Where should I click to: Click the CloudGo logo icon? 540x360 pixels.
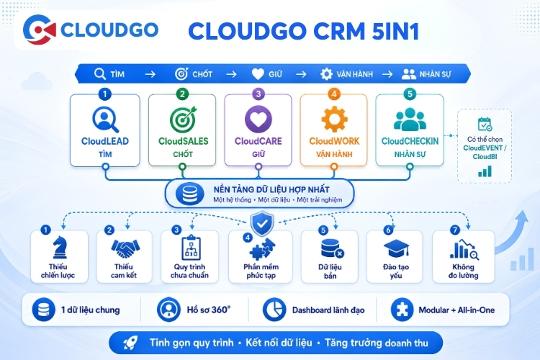tap(40, 30)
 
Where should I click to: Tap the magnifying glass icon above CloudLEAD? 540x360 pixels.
tap(105, 120)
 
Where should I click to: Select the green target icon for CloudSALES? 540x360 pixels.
tap(183, 120)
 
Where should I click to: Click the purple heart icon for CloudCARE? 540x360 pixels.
tap(258, 119)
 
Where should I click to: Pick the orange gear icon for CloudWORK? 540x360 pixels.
tap(334, 120)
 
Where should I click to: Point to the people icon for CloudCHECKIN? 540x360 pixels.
tap(410, 120)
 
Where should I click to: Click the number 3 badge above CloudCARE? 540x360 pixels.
tap(258, 94)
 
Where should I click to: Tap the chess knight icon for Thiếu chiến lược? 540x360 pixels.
tap(60, 248)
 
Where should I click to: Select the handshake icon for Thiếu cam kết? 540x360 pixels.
tap(125, 248)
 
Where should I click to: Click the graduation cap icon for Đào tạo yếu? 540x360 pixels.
tap(396, 248)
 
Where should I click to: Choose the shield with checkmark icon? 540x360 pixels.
tap(262, 224)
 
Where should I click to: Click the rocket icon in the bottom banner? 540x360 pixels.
tap(130, 343)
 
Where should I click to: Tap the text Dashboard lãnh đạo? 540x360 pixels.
tap(328, 310)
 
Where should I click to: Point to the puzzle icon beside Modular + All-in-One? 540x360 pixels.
tap(402, 310)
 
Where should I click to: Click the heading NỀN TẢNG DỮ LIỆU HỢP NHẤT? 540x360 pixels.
tap(271, 189)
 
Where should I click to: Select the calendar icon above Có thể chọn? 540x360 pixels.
tap(485, 124)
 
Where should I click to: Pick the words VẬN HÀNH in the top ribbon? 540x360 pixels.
tap(355, 74)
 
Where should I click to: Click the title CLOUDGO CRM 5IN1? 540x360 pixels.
tap(303, 32)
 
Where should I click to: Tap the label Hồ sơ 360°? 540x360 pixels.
tap(209, 310)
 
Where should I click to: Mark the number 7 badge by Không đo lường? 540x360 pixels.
tap(455, 230)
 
